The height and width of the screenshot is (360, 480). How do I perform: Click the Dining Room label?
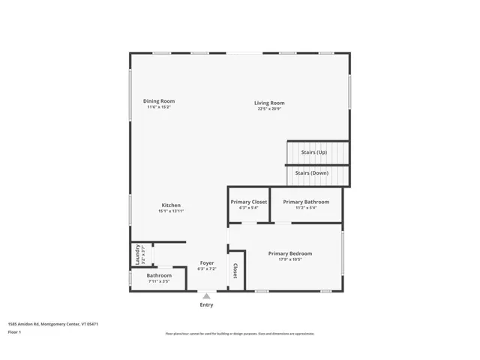[159, 101]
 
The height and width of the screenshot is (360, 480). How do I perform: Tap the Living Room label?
[269, 103]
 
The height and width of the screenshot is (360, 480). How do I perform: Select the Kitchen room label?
[171, 205]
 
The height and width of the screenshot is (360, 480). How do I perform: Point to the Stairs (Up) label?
[313, 152]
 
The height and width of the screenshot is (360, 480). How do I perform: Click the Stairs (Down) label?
[311, 173]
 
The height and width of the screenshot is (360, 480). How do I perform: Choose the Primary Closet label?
[248, 202]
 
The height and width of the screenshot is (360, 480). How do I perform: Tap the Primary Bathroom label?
[305, 202]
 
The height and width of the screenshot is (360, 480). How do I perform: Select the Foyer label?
[206, 263]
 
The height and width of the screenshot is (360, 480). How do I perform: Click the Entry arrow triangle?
[206, 296]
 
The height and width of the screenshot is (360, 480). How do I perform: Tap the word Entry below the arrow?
[206, 305]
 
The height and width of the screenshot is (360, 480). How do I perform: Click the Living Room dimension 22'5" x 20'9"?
[269, 109]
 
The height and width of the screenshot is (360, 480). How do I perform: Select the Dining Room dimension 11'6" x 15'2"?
[159, 107]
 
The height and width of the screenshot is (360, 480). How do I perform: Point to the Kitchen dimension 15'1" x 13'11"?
[171, 211]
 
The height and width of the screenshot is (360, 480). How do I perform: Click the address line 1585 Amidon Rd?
[53, 324]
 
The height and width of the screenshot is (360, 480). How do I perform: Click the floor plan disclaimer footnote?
[239, 334]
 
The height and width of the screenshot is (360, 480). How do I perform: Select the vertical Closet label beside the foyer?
[235, 271]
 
